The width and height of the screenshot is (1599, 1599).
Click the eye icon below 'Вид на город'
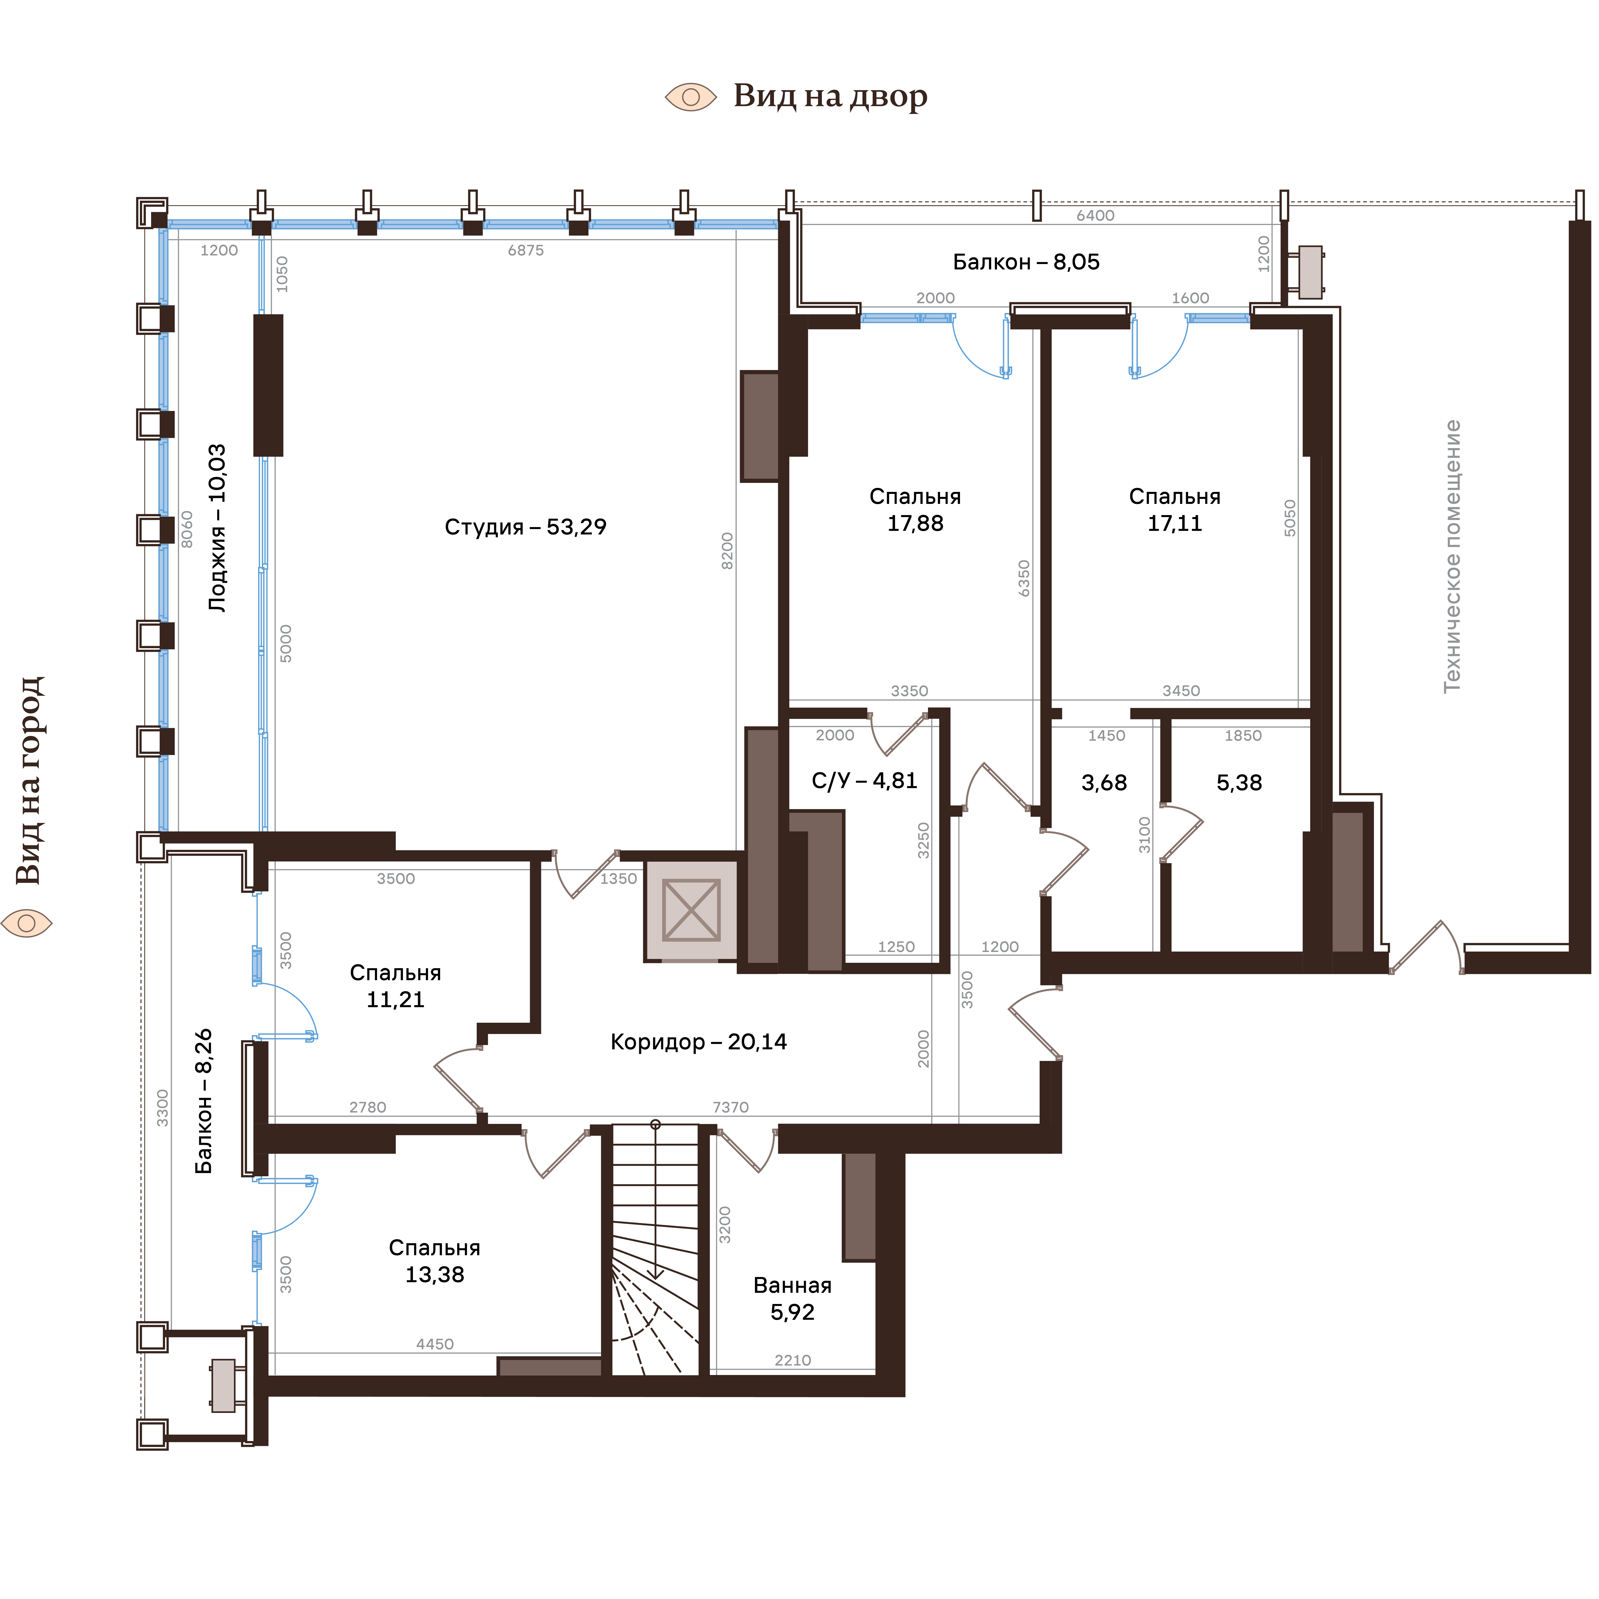pos(27,923)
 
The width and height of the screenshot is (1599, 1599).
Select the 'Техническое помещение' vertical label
pos(1452,556)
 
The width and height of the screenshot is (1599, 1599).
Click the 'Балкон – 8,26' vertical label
pos(204,1101)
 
